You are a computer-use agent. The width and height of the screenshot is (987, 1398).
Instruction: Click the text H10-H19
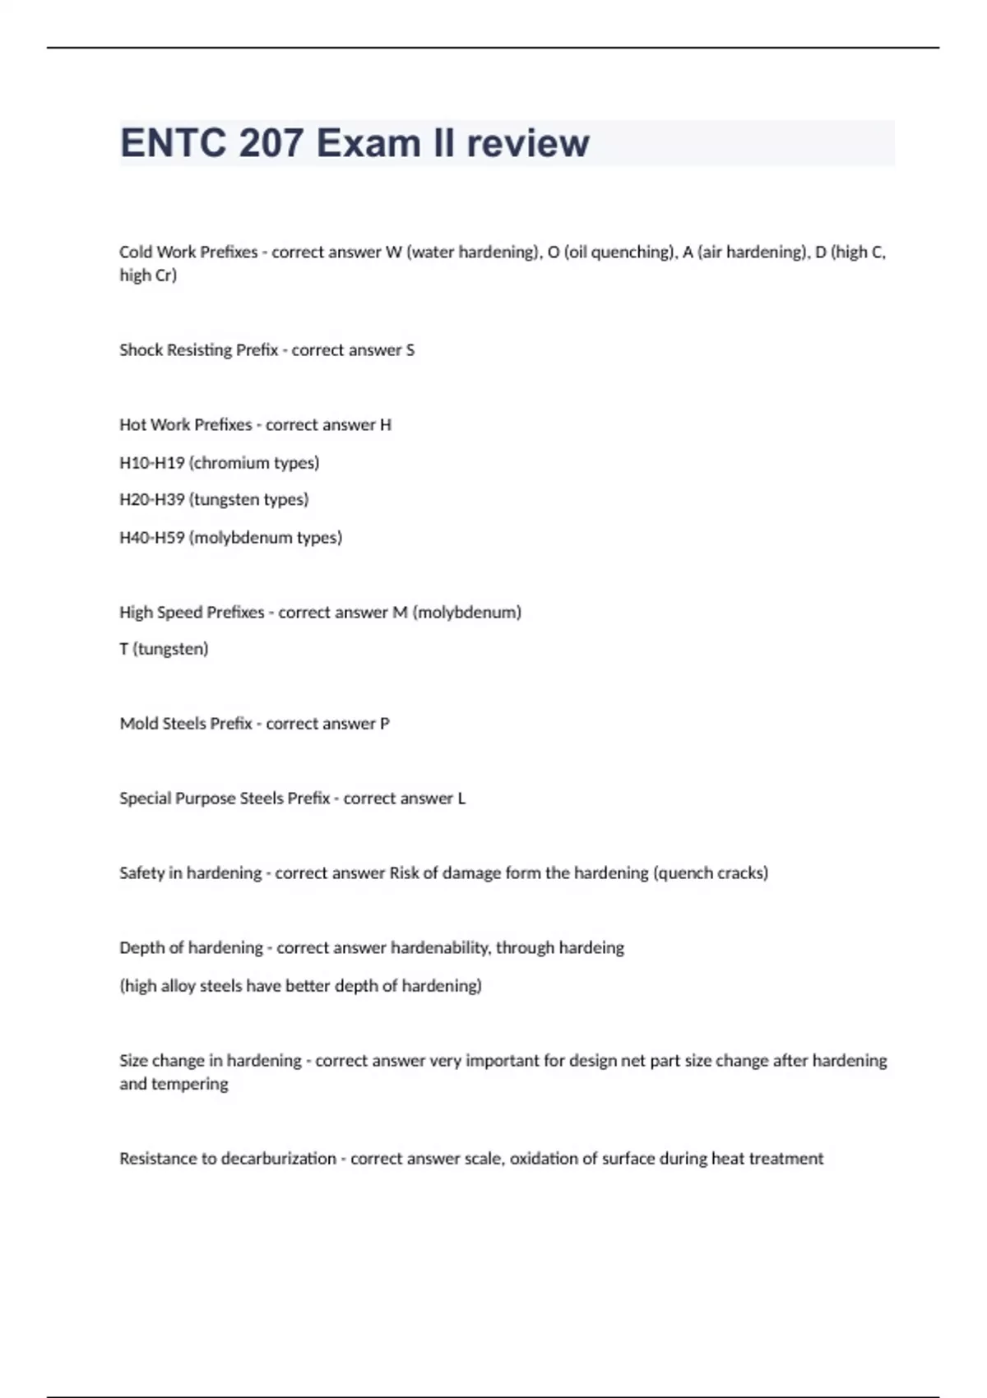pos(152,463)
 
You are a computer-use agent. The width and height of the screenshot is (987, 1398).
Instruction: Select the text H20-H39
pos(152,500)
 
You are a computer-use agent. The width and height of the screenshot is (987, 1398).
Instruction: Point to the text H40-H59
pos(152,538)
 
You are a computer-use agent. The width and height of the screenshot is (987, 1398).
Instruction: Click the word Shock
pos(141,350)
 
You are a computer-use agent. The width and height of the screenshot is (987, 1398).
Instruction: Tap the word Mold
pos(138,724)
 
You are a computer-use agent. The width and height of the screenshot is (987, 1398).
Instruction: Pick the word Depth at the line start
pos(141,948)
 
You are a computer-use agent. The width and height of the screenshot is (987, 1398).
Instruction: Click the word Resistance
pos(161,1159)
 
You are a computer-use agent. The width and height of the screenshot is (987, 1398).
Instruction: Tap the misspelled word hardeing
pos(591,948)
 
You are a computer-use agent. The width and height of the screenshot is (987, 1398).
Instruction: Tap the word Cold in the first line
pos(136,252)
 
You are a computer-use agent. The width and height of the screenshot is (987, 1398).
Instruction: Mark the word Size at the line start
pos(133,1061)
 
